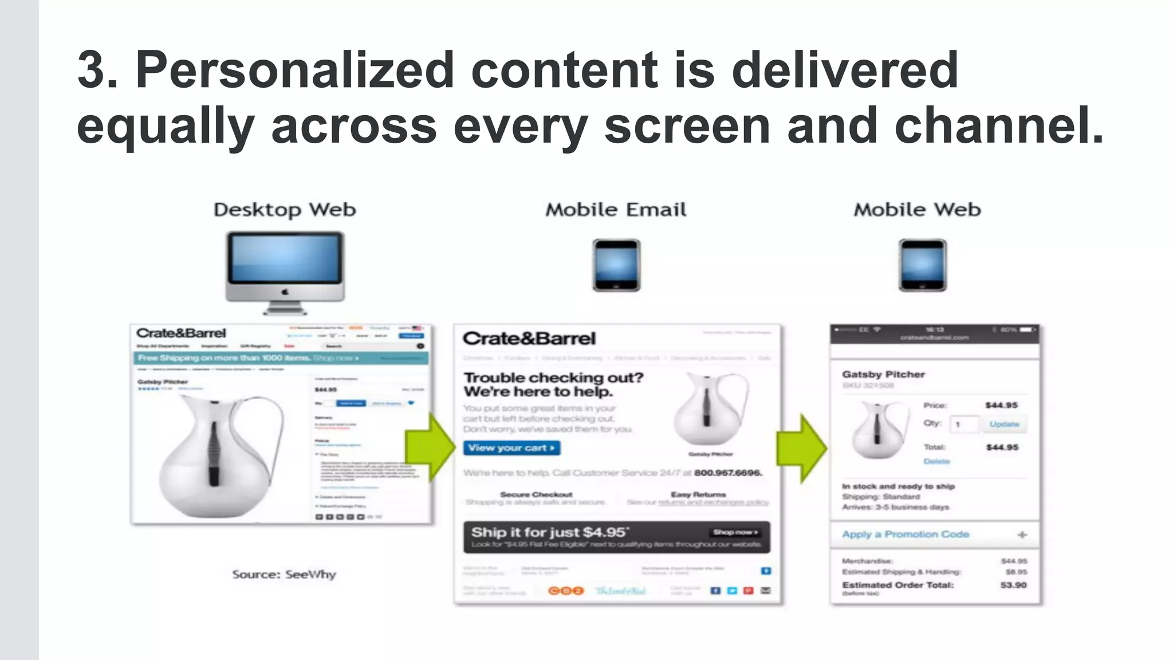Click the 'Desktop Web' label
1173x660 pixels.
point(285,210)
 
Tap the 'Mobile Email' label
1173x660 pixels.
point(616,210)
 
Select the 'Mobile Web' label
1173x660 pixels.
point(917,210)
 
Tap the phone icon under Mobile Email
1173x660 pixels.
point(616,265)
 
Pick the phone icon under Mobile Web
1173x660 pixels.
point(922,265)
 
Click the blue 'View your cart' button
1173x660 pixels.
point(511,448)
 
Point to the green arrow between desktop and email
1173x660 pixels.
point(430,447)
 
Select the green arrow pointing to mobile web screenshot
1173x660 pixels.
point(801,448)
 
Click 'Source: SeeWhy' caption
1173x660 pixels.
point(284,574)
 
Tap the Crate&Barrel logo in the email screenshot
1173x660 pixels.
point(529,339)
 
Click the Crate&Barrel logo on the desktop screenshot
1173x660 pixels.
point(181,333)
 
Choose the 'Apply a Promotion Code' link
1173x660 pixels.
point(905,534)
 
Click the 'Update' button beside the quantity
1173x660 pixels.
point(1004,424)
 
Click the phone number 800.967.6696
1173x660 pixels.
point(727,473)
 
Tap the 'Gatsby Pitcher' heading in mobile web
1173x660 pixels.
point(883,374)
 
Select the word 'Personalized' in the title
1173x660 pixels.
point(294,70)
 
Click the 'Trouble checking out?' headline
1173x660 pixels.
point(553,378)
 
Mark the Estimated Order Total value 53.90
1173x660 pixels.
point(1013,585)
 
